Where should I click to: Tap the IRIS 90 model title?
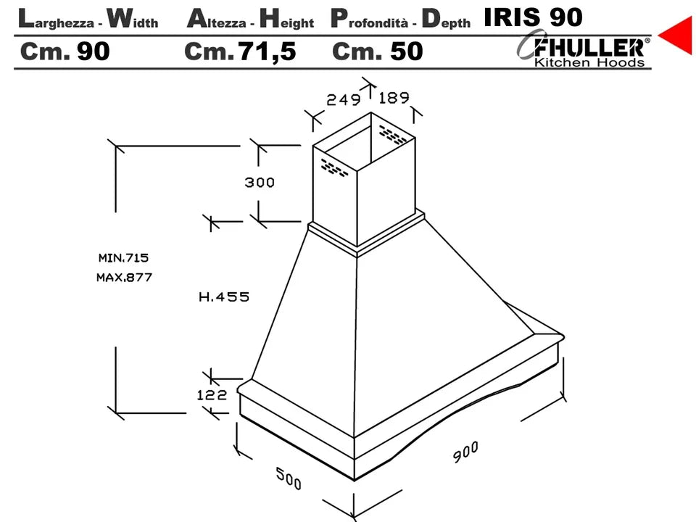tap(533, 17)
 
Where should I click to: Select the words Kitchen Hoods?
tap(589, 62)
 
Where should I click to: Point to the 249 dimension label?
tap(344, 99)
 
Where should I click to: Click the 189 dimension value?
tap(394, 98)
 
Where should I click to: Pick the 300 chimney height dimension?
tap(260, 182)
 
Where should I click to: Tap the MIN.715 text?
tap(123, 257)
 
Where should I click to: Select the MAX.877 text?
tap(124, 278)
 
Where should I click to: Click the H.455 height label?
tap(224, 297)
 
